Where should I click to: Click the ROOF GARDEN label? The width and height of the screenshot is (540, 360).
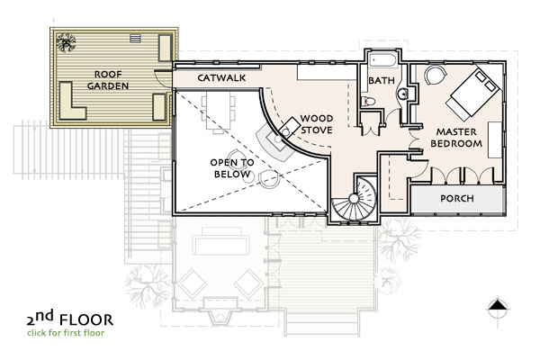(108, 80)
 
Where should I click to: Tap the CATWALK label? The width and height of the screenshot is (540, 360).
(221, 78)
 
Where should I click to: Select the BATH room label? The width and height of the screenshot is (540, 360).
(382, 81)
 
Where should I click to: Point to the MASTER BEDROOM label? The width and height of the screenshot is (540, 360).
(456, 138)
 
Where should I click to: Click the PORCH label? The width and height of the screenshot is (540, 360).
(457, 198)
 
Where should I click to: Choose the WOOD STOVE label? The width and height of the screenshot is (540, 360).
(317, 124)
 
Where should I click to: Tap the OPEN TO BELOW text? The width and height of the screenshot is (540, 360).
(232, 168)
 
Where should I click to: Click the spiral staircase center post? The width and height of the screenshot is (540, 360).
(354, 198)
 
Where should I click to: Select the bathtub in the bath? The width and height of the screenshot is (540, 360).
(383, 60)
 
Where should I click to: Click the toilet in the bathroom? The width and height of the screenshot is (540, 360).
(368, 102)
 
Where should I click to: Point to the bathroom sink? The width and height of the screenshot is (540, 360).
(402, 94)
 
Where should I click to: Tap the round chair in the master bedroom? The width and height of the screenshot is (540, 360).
(435, 75)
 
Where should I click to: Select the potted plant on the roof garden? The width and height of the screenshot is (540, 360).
(66, 42)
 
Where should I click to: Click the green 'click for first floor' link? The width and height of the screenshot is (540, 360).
(66, 333)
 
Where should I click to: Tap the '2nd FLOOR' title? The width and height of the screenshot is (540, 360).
(70, 318)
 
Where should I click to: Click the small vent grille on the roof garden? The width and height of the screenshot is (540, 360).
(135, 39)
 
